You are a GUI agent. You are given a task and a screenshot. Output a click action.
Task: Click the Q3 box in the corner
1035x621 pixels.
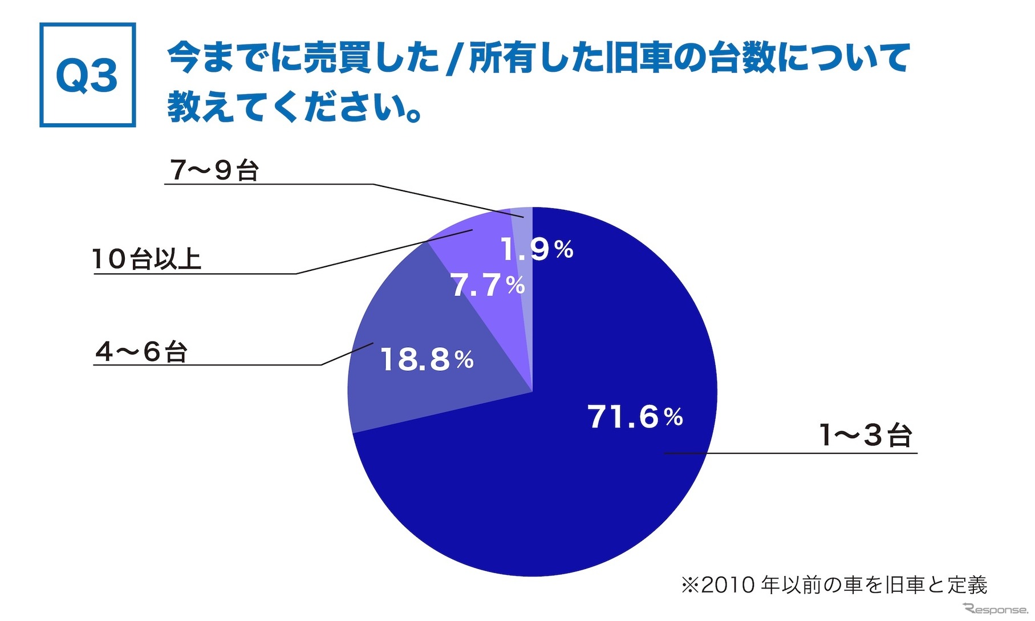click(87, 75)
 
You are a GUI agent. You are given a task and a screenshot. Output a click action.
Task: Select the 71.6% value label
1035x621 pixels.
click(635, 416)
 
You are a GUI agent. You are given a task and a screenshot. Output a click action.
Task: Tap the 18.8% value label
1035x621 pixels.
click(427, 360)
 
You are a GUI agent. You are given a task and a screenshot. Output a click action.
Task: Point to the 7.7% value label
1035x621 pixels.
click(488, 285)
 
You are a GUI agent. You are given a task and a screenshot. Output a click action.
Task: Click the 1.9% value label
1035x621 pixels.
click(537, 249)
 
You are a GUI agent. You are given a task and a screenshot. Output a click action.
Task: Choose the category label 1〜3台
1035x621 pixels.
click(866, 435)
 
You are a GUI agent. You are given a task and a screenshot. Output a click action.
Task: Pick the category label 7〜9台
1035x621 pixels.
click(214, 170)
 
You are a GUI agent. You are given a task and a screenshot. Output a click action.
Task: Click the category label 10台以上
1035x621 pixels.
click(147, 259)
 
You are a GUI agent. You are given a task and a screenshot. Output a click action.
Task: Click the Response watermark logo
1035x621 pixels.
click(995, 608)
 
